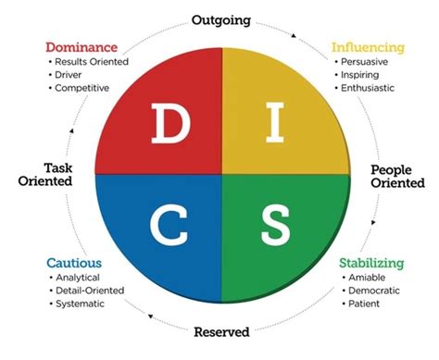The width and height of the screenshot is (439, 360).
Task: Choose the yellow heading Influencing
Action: [369, 45]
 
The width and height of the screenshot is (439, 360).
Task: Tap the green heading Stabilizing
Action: [371, 264]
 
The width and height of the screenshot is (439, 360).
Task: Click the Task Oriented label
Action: [45, 175]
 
